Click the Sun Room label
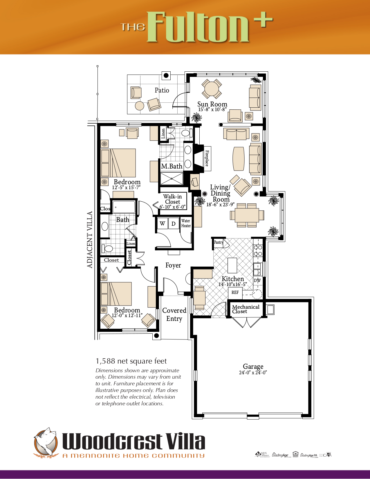212,104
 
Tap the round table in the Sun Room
212,89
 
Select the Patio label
162,90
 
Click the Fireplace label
207,158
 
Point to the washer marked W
163,223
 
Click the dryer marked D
174,223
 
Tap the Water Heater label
186,223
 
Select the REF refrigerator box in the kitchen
235,292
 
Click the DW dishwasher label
257,281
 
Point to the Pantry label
218,242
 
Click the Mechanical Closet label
246,309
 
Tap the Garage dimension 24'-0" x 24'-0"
253,373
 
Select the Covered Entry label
174,314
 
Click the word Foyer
173,265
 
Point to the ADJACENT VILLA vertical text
90,240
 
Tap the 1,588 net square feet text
131,361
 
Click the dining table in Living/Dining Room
247,215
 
